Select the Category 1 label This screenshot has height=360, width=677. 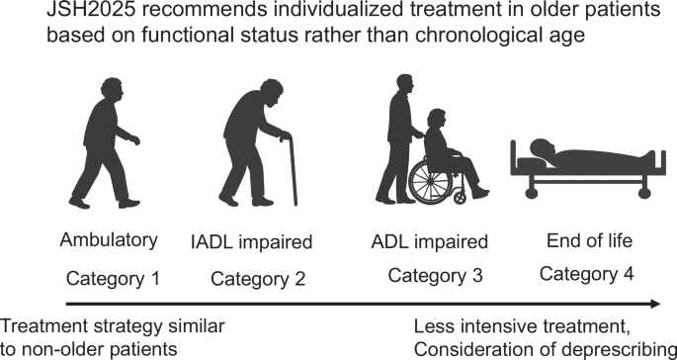pos(112,278)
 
